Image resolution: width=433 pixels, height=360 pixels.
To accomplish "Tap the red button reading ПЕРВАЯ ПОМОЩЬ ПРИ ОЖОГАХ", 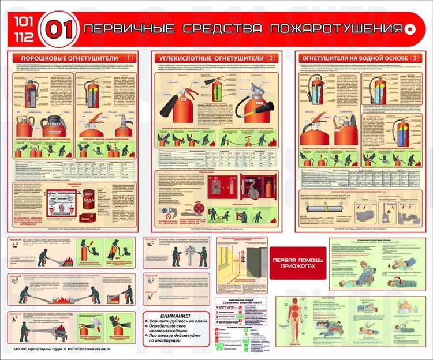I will coord(297,264).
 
